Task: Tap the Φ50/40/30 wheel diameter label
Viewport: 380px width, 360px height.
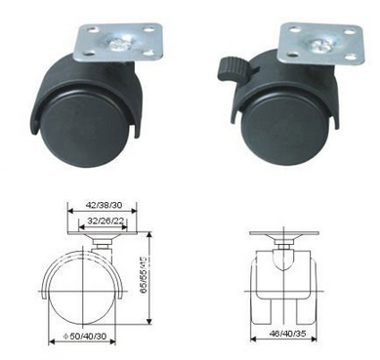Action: [x=81, y=337]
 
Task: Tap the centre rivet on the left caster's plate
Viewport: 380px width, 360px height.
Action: [x=117, y=44]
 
